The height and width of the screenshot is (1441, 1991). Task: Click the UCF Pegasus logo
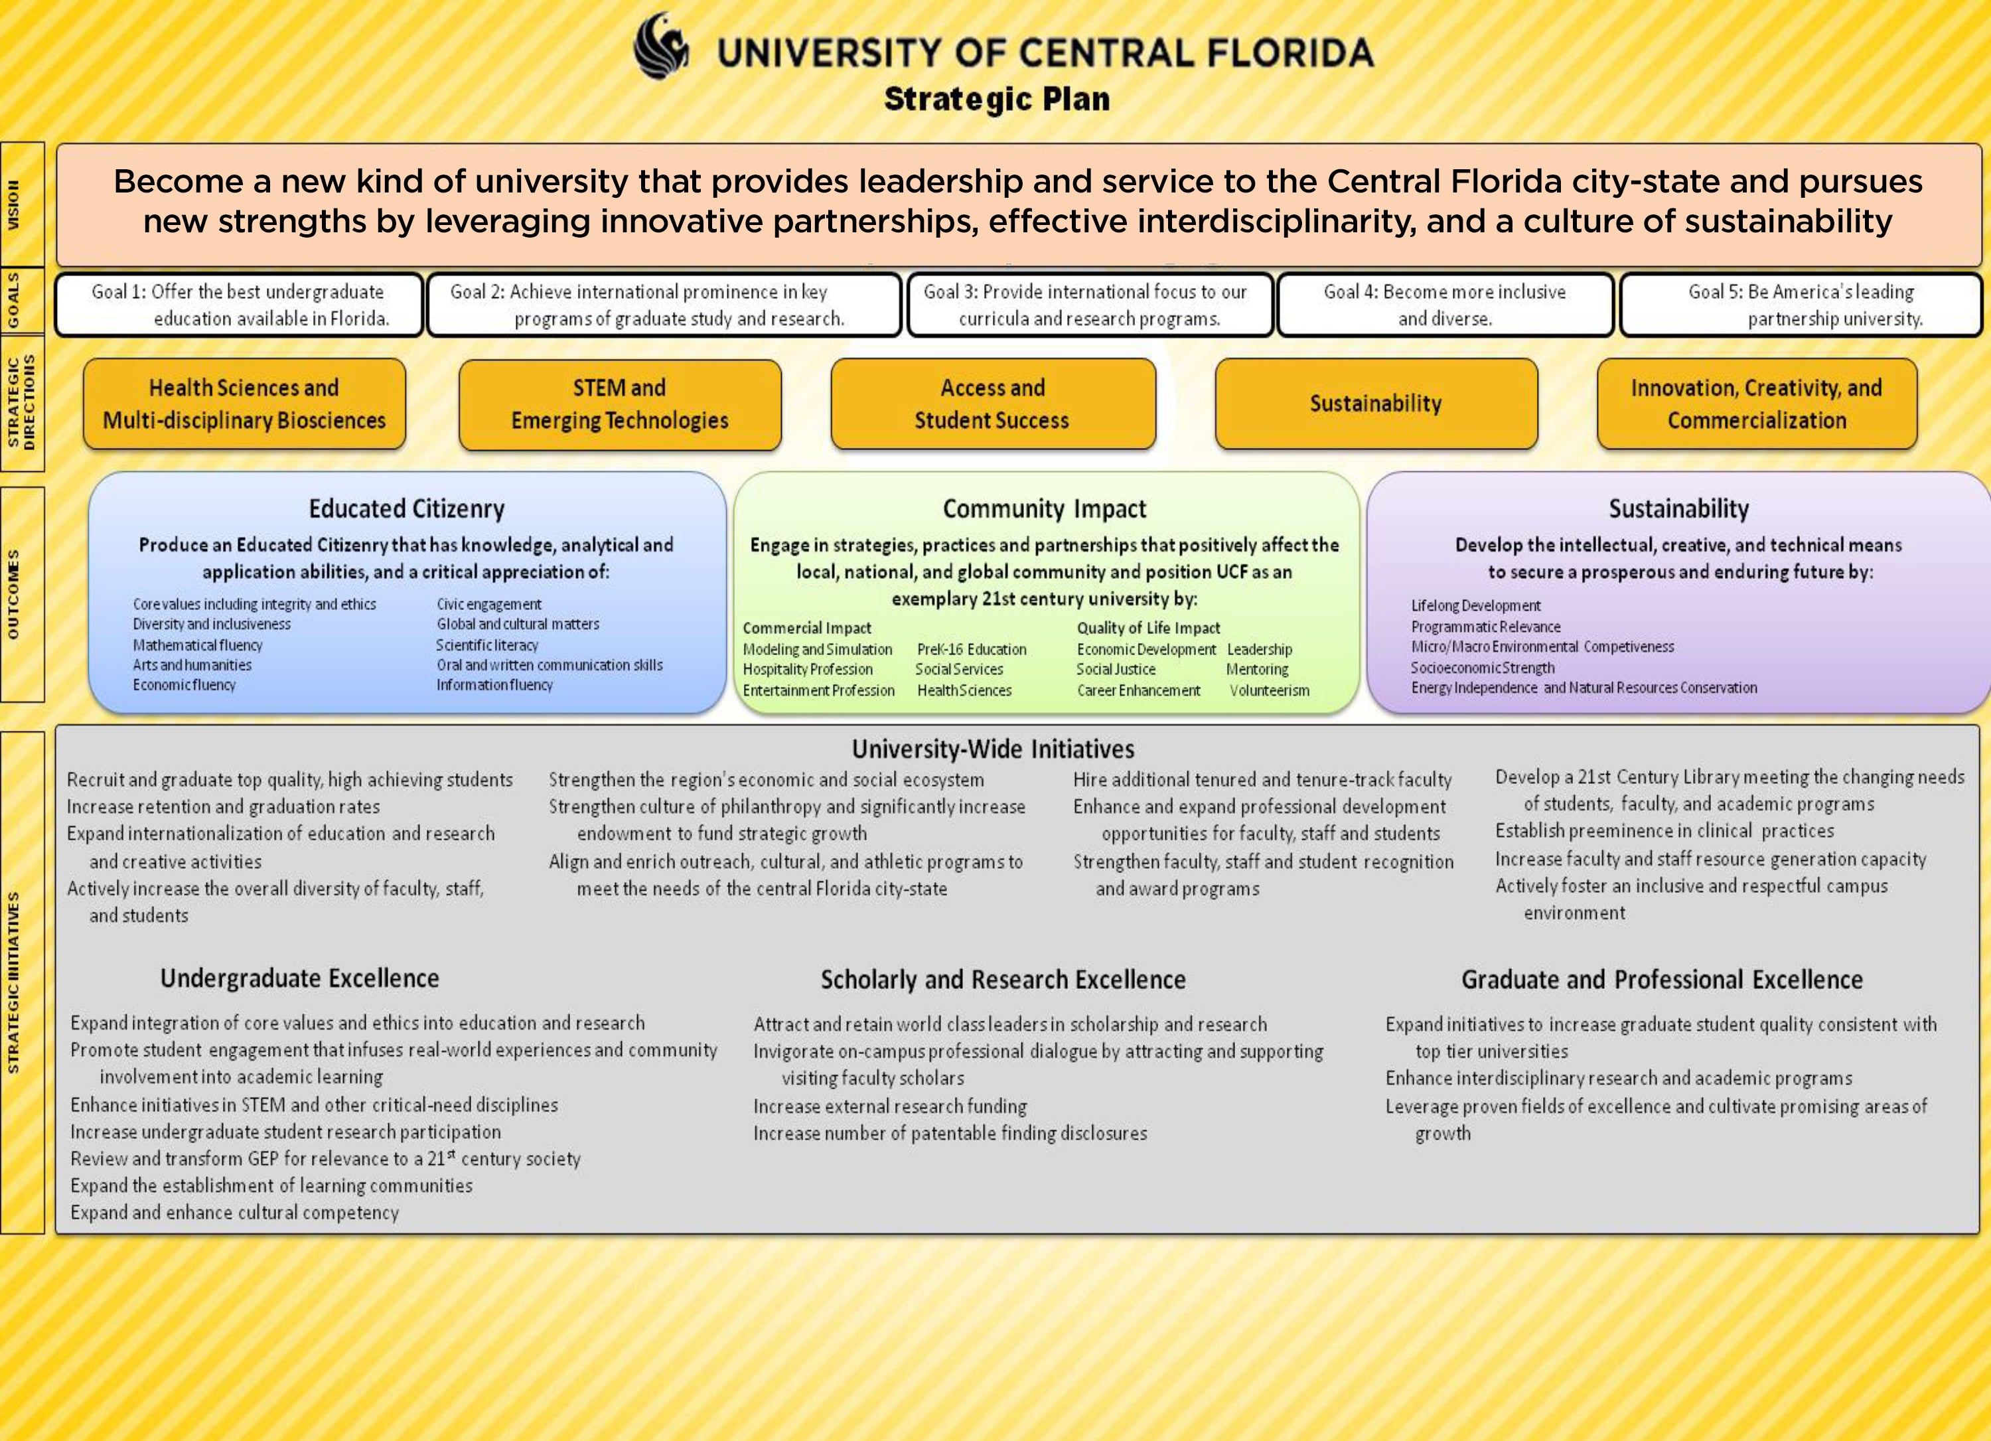pos(661,46)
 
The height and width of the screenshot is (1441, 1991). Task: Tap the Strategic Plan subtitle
pos(996,98)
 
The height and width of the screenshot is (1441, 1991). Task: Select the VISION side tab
pos(22,204)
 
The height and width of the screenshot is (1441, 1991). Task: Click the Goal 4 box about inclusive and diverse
pos(1445,305)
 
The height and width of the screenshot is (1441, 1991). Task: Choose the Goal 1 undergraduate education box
pos(240,305)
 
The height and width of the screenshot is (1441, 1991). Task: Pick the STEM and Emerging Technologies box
pos(620,404)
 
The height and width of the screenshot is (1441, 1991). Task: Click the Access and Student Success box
pos(993,404)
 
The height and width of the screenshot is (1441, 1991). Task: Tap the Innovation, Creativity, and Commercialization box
pos(1757,404)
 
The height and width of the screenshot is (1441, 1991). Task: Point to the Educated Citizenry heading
pos(406,508)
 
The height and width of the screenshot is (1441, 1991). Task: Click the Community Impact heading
pos(1045,508)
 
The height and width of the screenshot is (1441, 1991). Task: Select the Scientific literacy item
pos(487,645)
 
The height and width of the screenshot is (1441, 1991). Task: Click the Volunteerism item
pos(1270,690)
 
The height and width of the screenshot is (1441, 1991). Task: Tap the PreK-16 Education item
pos(972,650)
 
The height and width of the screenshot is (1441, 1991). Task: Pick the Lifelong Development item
pos(1476,606)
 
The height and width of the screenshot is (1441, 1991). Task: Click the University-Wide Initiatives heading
pos(993,749)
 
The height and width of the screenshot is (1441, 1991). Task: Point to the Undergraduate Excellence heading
pos(299,978)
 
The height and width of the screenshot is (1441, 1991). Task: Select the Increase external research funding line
pos(890,1106)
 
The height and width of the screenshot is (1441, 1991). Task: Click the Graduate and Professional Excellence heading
pos(1662,979)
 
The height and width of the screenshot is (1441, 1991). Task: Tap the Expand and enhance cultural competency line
pos(234,1213)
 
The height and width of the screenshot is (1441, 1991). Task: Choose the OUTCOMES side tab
pos(22,595)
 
